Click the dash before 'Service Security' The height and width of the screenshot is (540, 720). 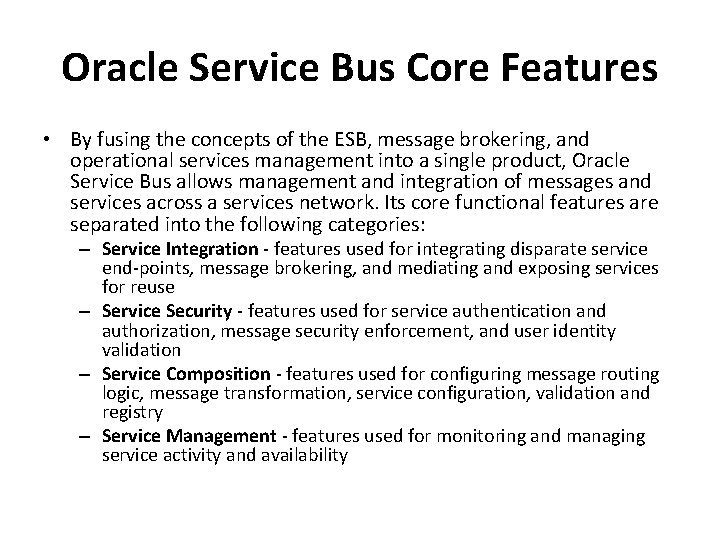pyautogui.click(x=87, y=311)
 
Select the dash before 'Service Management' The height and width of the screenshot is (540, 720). pyautogui.click(x=87, y=437)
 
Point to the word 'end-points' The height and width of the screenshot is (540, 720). pyautogui.click(x=141, y=267)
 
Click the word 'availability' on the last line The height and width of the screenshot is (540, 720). pyautogui.click(x=303, y=456)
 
